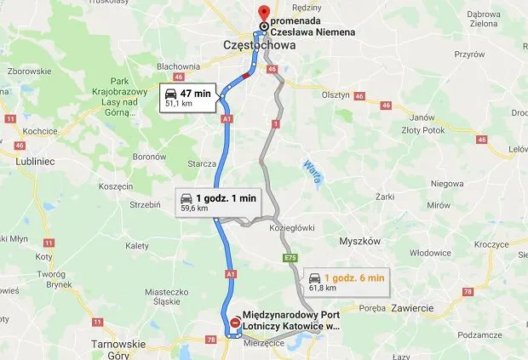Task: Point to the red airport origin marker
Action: (x=235, y=323)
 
